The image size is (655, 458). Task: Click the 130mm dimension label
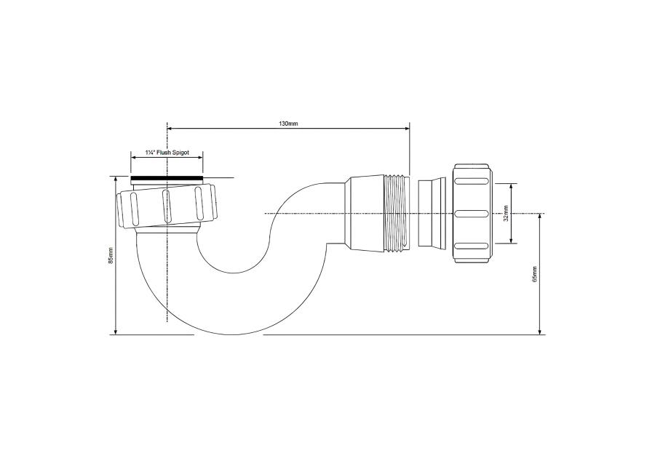(x=288, y=124)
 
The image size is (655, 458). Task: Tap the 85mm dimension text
(x=111, y=255)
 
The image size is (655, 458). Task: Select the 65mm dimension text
(x=534, y=274)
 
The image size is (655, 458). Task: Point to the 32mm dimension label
(x=505, y=213)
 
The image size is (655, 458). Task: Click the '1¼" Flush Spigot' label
(x=167, y=153)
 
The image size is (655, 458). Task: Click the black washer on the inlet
(x=167, y=179)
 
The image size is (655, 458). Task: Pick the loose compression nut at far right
(x=472, y=213)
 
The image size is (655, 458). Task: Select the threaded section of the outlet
(x=396, y=213)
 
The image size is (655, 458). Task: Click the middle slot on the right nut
(x=471, y=213)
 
